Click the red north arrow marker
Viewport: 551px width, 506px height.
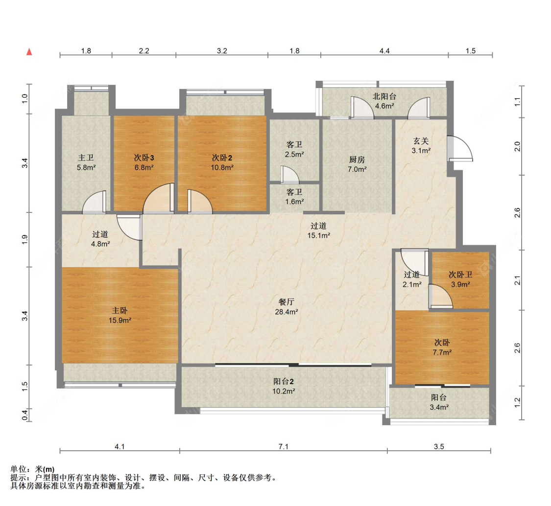coord(29,52)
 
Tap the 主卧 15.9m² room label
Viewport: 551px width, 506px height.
coord(120,315)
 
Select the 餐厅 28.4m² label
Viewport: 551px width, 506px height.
coord(287,306)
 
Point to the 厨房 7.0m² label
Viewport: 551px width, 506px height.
coord(357,164)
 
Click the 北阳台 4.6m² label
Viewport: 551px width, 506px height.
coord(384,101)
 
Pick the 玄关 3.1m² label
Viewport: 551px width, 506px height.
coord(421,146)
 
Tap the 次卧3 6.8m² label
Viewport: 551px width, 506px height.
coord(144,162)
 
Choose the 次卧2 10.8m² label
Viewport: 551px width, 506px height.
coord(222,162)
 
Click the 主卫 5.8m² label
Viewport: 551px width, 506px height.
coord(86,162)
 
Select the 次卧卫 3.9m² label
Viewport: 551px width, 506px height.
coord(461,279)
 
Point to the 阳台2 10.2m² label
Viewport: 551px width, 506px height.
coord(284,386)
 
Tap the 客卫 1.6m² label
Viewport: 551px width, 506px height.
coord(294,197)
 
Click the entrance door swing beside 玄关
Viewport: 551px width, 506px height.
coord(461,149)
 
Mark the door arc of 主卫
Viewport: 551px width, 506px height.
coord(94,202)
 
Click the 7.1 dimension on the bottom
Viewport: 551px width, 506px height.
coord(283,447)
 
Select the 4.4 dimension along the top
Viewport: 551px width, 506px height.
coord(384,51)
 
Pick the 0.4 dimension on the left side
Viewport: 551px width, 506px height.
coord(24,415)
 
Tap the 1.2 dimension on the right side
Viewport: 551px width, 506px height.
coord(517,403)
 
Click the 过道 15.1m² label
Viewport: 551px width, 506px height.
coord(319,230)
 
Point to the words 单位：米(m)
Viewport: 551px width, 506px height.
coord(32,469)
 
